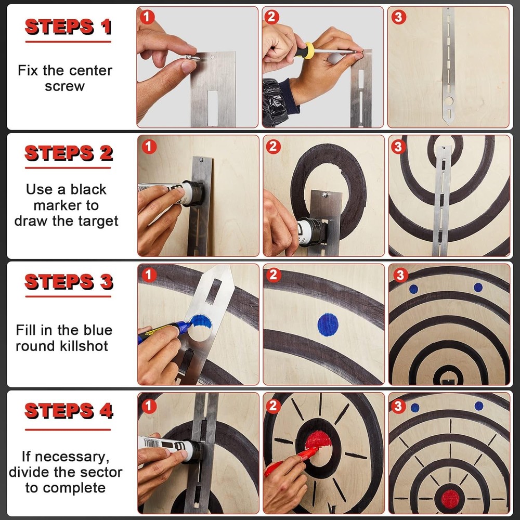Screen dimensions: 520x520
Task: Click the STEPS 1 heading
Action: click(x=68, y=27)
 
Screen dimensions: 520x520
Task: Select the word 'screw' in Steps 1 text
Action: click(x=64, y=86)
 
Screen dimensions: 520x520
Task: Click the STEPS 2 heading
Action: click(x=68, y=153)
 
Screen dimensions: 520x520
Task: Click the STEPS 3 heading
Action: click(x=68, y=282)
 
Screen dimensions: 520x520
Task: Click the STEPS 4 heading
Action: click(x=68, y=411)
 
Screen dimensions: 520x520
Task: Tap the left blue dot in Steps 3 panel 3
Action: click(x=413, y=289)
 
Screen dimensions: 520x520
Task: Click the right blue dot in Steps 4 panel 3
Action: click(x=479, y=406)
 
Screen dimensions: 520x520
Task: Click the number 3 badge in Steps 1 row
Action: click(x=398, y=17)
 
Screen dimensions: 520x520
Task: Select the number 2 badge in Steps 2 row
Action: click(x=273, y=147)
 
